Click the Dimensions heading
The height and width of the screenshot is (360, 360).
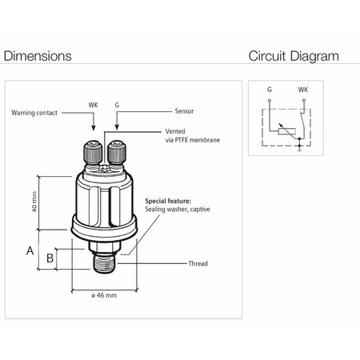[38, 56]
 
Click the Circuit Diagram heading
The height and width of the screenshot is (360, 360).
[294, 56]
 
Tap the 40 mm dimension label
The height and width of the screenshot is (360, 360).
[34, 202]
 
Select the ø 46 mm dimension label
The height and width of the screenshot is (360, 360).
[104, 295]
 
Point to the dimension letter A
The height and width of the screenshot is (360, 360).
[30, 251]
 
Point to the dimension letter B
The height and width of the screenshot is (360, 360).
[50, 258]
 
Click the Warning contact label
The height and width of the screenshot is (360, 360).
[34, 113]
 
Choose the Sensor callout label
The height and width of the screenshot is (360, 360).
[184, 111]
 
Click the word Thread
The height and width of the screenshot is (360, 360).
[198, 263]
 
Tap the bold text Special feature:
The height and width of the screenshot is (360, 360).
[168, 201]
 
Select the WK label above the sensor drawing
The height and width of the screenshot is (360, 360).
[94, 105]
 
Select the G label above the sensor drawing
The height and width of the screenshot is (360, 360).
[117, 105]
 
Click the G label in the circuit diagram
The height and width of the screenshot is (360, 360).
[270, 90]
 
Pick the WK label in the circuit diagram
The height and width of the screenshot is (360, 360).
[303, 90]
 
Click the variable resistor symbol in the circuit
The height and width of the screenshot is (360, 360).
[287, 131]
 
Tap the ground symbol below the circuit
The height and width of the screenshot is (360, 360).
[299, 150]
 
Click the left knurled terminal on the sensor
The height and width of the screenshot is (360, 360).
[93, 153]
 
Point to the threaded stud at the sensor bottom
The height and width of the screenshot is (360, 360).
[104, 265]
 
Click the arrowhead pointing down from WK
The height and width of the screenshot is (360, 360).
[94, 127]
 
